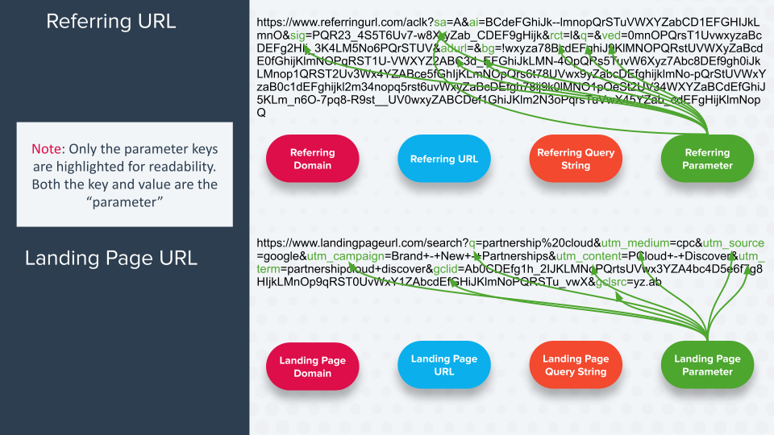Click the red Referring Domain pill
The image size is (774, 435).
tap(312, 159)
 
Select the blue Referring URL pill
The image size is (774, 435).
tap(444, 159)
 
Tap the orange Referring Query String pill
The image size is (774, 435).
tap(576, 159)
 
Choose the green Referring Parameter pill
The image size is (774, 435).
tap(708, 159)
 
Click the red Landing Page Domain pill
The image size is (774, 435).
tap(312, 367)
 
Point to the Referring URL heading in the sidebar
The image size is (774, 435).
tap(110, 21)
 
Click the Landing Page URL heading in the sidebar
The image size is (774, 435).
tap(110, 259)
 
